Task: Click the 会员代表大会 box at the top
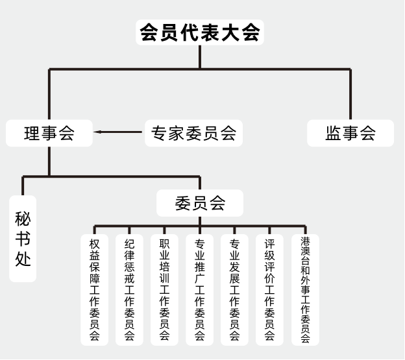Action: (200, 32)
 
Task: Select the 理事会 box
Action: (49, 134)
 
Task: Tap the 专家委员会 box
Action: (193, 134)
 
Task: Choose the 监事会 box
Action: (350, 134)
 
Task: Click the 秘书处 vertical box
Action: (23, 238)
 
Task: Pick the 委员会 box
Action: (200, 203)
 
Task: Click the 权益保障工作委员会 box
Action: (95, 289)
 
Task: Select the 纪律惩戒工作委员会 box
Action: (130, 289)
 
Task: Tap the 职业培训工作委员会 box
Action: (165, 289)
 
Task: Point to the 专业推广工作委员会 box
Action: (200, 289)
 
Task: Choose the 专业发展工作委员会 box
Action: (235, 289)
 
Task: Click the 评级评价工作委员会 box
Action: (270, 289)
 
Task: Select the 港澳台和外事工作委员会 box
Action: (305, 289)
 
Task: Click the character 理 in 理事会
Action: (32, 134)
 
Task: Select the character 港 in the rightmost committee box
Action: (305, 241)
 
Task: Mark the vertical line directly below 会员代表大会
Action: (200, 56)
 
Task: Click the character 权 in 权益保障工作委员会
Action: (95, 245)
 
